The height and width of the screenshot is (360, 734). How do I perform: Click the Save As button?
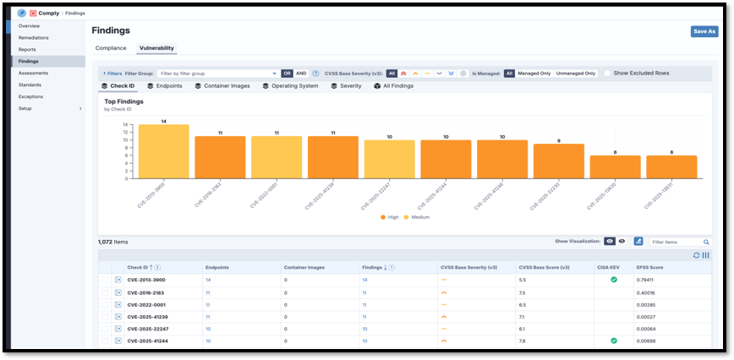pyautogui.click(x=704, y=31)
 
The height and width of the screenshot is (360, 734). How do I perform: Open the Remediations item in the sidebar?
pyautogui.click(x=34, y=38)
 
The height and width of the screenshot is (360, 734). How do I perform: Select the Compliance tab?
pyautogui.click(x=111, y=48)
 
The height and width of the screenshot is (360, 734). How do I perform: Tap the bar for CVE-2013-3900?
pyautogui.click(x=163, y=152)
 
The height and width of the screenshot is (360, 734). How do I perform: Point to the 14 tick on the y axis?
pyautogui.click(x=124, y=125)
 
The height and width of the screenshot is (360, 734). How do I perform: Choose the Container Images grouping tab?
pyautogui.click(x=222, y=86)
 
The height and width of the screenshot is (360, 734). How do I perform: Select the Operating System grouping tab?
pyautogui.click(x=290, y=86)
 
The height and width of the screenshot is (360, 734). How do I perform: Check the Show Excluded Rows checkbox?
pyautogui.click(x=607, y=74)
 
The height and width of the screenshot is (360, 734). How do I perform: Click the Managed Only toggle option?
pyautogui.click(x=534, y=74)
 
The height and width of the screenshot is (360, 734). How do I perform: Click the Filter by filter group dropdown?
pyautogui.click(x=218, y=74)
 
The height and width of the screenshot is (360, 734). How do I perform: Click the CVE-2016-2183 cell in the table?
pyautogui.click(x=145, y=292)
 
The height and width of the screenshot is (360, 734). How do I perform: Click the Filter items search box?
pyautogui.click(x=679, y=242)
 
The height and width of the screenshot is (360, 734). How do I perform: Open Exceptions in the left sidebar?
pyautogui.click(x=30, y=96)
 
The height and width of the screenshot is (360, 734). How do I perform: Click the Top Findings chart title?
pyautogui.click(x=123, y=101)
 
